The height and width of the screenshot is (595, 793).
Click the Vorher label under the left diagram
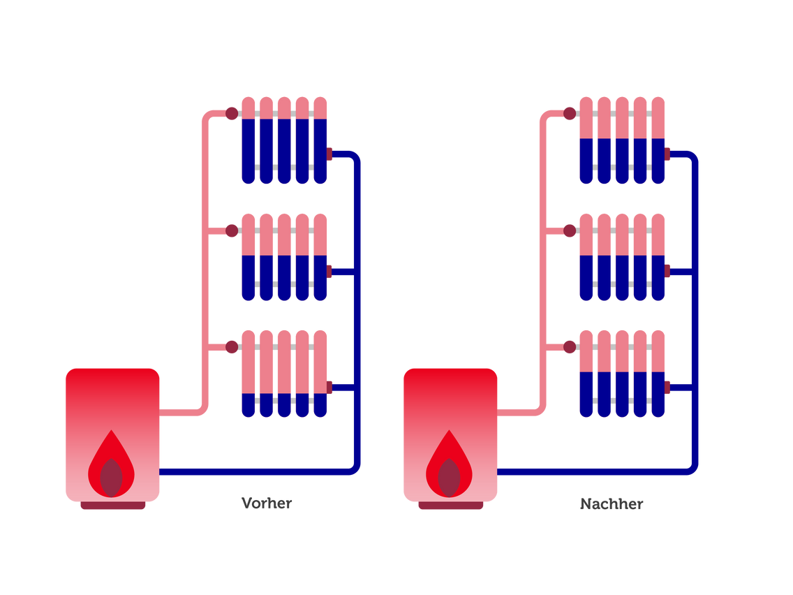coord(266,504)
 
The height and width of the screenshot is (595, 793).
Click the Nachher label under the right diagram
coord(612,504)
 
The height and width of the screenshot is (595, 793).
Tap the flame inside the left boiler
coord(111,465)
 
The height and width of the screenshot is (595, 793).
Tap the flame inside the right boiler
coord(449,465)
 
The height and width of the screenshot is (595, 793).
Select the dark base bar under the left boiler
coord(113,506)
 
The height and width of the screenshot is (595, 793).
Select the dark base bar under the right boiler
coord(451,506)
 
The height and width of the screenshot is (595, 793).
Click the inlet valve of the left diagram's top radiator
coord(232,114)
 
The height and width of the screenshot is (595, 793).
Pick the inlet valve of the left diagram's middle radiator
coord(232,230)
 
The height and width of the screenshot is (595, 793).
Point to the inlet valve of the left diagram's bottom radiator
coord(232,347)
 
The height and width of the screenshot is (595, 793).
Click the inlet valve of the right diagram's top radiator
coord(570,114)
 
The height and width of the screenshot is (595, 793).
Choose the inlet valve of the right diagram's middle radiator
coord(570,230)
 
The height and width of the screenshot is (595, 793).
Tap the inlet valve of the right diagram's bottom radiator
coord(570,347)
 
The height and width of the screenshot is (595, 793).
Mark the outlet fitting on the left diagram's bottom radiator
coord(330,388)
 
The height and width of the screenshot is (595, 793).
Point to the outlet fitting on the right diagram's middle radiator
coord(668,271)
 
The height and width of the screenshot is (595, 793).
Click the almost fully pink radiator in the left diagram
coord(284,363)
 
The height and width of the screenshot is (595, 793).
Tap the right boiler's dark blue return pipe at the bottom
coord(593,472)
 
